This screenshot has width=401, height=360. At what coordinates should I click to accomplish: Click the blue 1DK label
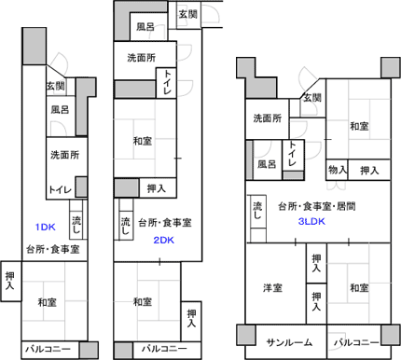pyautogui.click(x=47, y=228)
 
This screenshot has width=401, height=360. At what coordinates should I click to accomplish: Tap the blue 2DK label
pyautogui.click(x=164, y=241)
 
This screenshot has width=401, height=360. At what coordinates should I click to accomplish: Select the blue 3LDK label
pyautogui.click(x=311, y=222)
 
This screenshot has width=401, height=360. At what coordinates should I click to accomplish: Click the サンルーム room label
pyautogui.click(x=289, y=342)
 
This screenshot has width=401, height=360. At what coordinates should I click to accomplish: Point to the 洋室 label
pyautogui.click(x=272, y=287)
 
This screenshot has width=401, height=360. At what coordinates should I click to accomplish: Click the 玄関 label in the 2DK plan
pyautogui.click(x=187, y=15)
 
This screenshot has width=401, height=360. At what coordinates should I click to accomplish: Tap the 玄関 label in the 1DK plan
pyautogui.click(x=55, y=86)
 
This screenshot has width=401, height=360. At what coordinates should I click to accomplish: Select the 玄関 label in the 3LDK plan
pyautogui.click(x=311, y=98)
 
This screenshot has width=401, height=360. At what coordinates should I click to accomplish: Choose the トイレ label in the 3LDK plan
pyautogui.click(x=293, y=154)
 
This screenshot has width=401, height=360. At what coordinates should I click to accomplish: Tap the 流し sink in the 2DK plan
pyautogui.click(x=124, y=224)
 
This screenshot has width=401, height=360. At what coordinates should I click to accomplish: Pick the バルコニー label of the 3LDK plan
pyautogui.click(x=355, y=342)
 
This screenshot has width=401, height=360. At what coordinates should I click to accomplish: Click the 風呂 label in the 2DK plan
pyautogui.click(x=145, y=27)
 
